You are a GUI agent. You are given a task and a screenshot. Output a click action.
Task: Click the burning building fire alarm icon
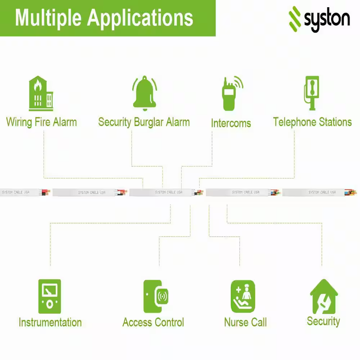tap(41, 94)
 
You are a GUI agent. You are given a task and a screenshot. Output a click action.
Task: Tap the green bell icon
tap(144, 93)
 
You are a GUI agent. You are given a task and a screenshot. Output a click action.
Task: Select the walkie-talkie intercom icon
tap(232, 93)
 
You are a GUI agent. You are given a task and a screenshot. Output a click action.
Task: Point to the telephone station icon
tap(311, 93)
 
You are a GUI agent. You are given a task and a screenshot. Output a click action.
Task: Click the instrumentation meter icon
tap(49, 297)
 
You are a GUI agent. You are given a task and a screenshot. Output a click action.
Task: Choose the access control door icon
tap(156, 297)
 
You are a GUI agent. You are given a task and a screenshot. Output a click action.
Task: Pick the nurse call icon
tap(243, 297)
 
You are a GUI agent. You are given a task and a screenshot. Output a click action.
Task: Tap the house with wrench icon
tap(324, 297)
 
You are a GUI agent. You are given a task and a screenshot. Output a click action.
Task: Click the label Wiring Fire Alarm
tap(41, 122)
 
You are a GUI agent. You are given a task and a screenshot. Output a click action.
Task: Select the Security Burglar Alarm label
tap(144, 122)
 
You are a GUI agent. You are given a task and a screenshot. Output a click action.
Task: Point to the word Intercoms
tap(231, 123)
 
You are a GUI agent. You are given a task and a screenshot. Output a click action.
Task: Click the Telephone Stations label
tap(312, 122)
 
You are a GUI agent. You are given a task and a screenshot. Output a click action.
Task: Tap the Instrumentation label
tap(50, 322)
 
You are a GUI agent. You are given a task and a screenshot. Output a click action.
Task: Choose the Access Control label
tap(153, 322)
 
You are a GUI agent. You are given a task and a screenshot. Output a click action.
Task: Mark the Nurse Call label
tap(245, 322)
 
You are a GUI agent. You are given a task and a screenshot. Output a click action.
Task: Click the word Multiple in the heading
tap(49, 18)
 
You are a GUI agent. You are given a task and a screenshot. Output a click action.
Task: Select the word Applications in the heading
tap(140, 18)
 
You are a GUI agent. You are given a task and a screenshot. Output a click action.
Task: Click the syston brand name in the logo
tap(327, 19)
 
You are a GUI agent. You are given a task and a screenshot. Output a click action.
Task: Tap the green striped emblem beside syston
tap(295, 19)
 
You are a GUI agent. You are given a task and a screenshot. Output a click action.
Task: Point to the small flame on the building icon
tap(38, 85)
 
